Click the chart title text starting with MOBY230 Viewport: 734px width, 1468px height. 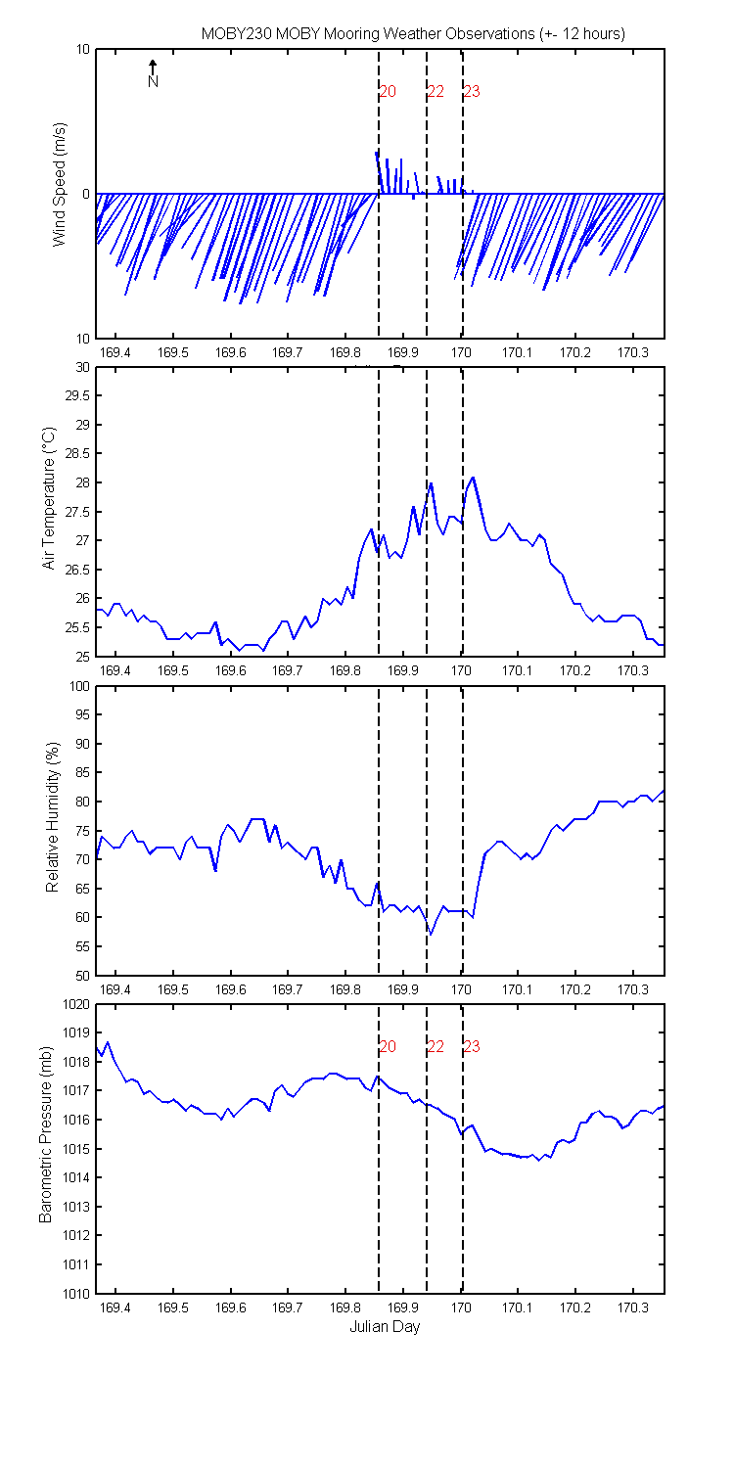pos(413,34)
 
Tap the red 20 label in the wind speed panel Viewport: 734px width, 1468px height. pos(388,92)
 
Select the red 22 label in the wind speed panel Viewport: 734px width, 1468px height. pos(436,92)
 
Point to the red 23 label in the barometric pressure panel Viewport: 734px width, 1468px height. pos(472,1046)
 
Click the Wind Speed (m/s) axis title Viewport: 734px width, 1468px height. pos(60,184)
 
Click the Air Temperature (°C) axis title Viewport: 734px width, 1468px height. pos(49,498)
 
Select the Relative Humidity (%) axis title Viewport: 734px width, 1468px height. pos(53,817)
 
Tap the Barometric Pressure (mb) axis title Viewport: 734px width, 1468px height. pos(45,1134)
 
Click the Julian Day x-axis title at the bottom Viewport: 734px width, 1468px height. pos(385,1326)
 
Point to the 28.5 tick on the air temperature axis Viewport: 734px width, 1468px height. pos(77,453)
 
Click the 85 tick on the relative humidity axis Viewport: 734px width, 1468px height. pos(82,773)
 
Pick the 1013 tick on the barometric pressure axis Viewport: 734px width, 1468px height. pos(76,1207)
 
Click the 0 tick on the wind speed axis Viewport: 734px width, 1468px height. pos(86,195)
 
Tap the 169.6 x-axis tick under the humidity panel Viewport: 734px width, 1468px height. pos(231,989)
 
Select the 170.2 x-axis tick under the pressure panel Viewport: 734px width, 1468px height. pos(575,1307)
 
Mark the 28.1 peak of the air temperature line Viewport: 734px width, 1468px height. pos(473,478)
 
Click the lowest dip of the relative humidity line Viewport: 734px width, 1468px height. pos(431,935)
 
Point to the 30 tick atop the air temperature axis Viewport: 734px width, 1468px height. pos(82,368)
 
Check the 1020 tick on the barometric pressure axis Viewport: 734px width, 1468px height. pos(76,1005)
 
